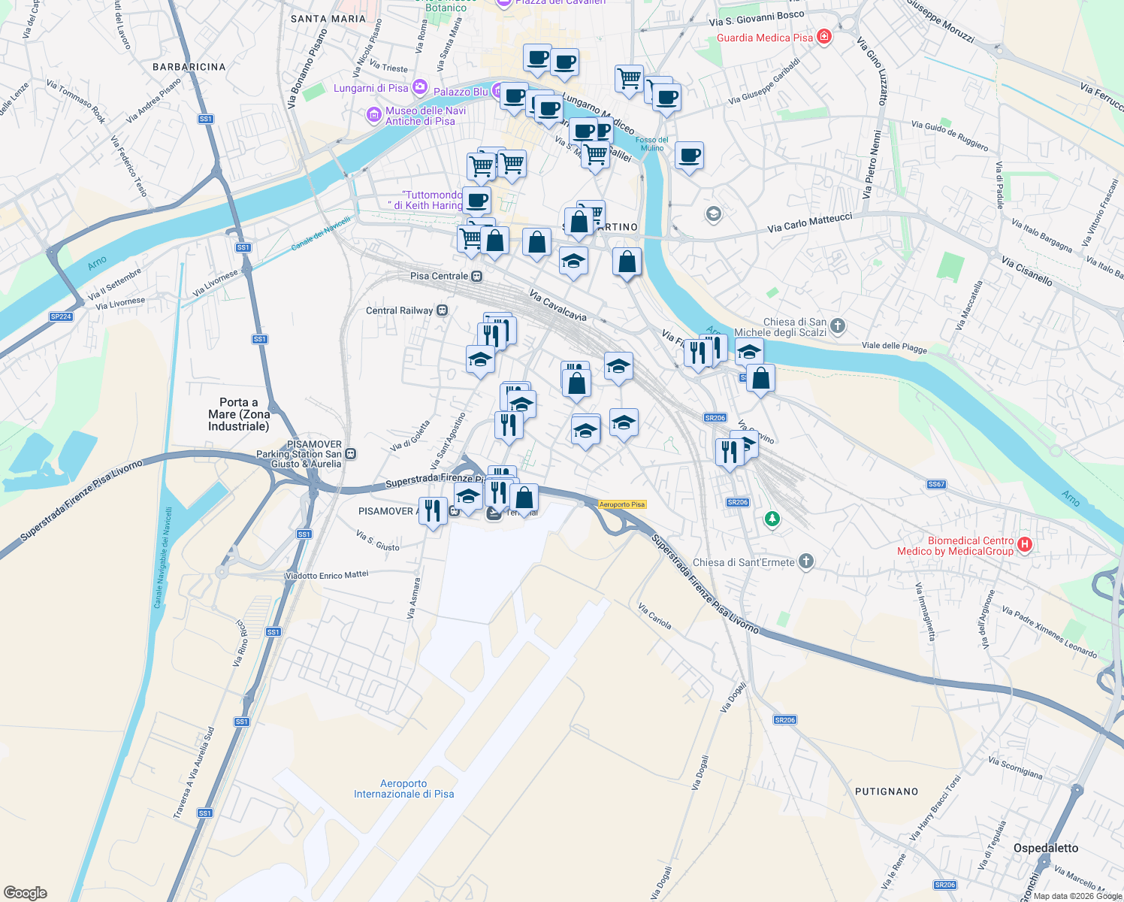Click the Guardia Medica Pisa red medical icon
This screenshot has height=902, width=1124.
[824, 37]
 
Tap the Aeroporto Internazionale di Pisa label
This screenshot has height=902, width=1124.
[404, 788]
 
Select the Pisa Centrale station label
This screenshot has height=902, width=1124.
[440, 276]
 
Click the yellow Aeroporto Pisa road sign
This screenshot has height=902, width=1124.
[622, 504]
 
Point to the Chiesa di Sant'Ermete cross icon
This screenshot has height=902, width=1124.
[805, 561]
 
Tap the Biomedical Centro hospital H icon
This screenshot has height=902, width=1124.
[1024, 544]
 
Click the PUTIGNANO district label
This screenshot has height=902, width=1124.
[887, 792]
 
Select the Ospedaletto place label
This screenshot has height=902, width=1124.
[1045, 848]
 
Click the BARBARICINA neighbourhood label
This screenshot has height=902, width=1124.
[189, 67]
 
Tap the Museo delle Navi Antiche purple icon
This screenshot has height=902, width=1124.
[373, 115]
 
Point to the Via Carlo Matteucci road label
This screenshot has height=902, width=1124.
[810, 222]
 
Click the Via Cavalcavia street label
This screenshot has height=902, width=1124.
[557, 305]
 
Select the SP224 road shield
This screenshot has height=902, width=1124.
[61, 316]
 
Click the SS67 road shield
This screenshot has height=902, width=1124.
[936, 484]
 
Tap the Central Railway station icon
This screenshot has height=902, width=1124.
[443, 310]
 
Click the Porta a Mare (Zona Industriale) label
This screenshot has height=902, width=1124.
[238, 414]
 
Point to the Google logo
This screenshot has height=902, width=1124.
[26, 893]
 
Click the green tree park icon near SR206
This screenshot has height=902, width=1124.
[772, 519]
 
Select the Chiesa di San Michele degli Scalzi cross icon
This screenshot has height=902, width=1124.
[838, 326]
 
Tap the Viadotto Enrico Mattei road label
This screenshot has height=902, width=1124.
[327, 575]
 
